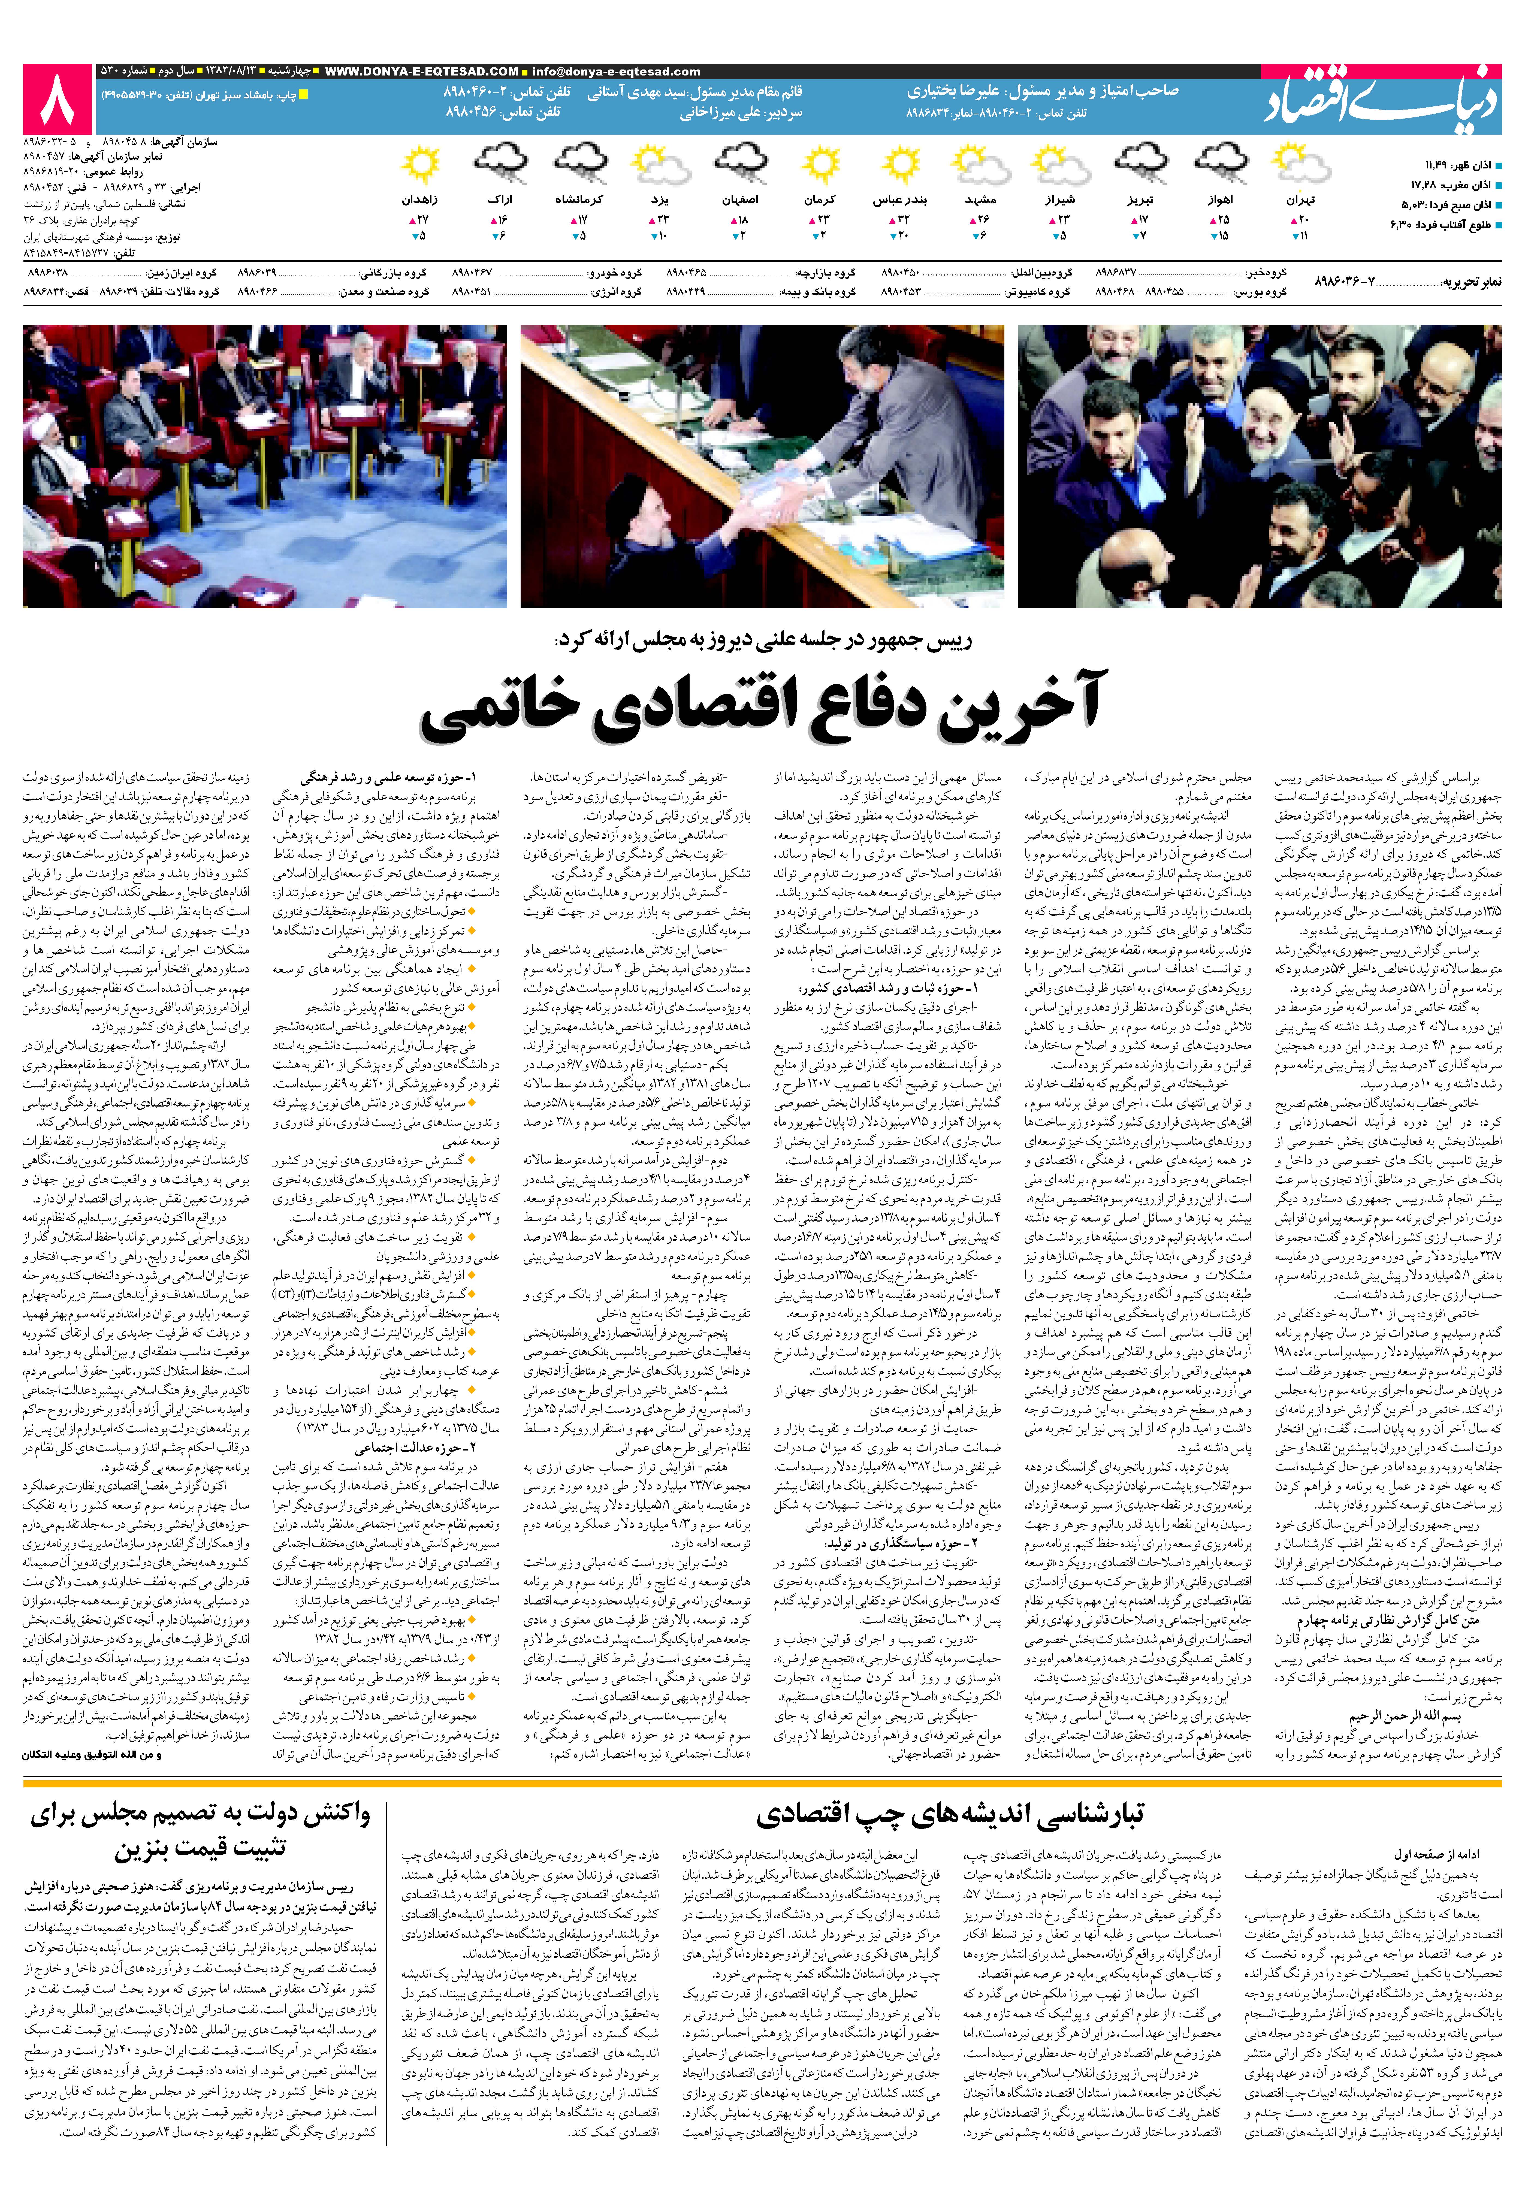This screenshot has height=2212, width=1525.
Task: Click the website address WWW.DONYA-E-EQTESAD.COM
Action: pyautogui.click(x=421, y=72)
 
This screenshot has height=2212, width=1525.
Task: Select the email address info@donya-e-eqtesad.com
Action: pyautogui.click(x=616, y=72)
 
